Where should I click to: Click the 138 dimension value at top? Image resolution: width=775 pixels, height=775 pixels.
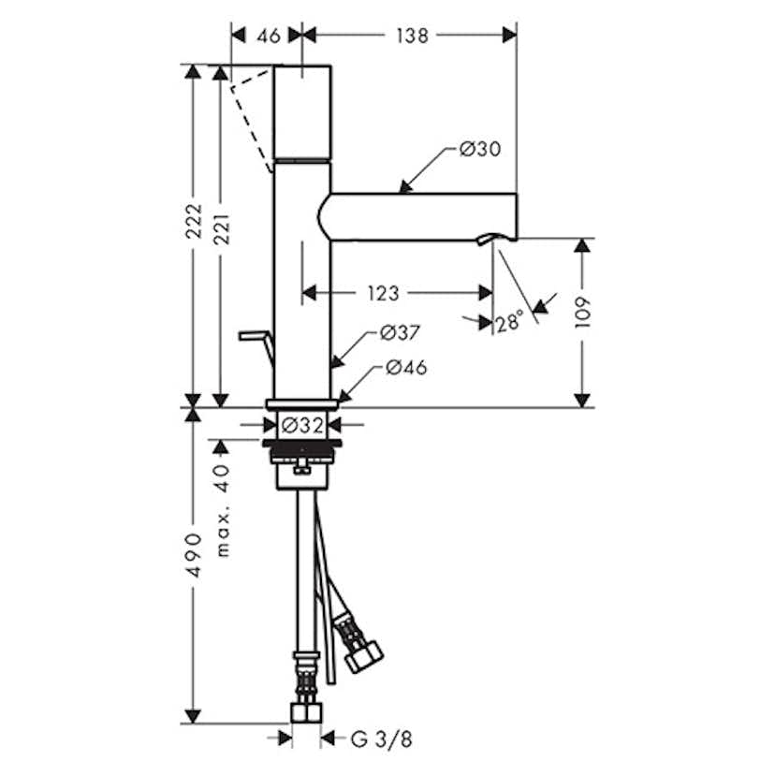pos(412,36)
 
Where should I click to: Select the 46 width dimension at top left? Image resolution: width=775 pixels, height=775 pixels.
pos(269,36)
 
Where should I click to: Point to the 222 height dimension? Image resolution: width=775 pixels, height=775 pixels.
pos(195,221)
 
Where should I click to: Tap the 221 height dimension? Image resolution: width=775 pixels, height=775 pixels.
pos(222,229)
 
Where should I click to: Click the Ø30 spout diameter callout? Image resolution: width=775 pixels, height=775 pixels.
pos(480,149)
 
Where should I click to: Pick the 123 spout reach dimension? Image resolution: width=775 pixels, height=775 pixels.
pos(384,293)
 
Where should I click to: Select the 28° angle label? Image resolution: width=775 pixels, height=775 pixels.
pos(509,322)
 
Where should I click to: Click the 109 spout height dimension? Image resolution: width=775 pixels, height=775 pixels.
pos(583,313)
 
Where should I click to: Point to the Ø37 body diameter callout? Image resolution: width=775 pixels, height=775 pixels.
pos(400,332)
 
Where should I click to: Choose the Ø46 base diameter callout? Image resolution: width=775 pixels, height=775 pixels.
pos(406,367)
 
